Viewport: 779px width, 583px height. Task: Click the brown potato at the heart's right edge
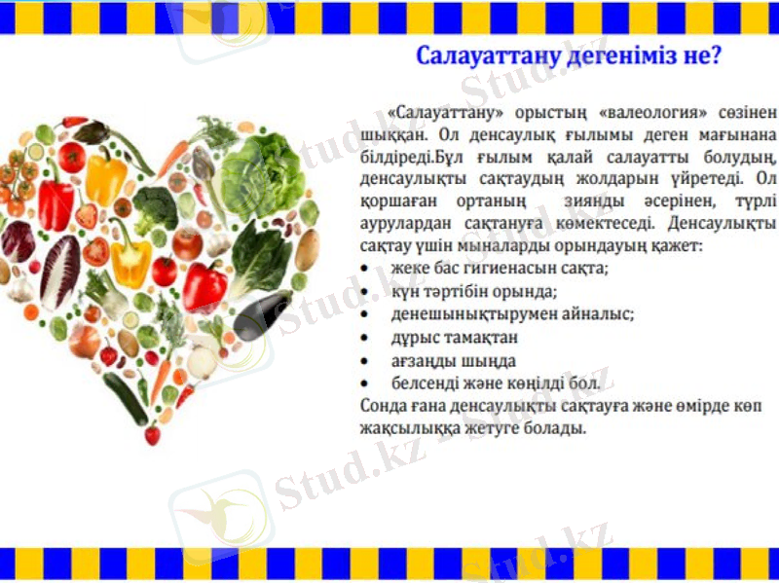pos(309,251)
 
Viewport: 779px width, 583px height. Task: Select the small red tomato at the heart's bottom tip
pos(152,435)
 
